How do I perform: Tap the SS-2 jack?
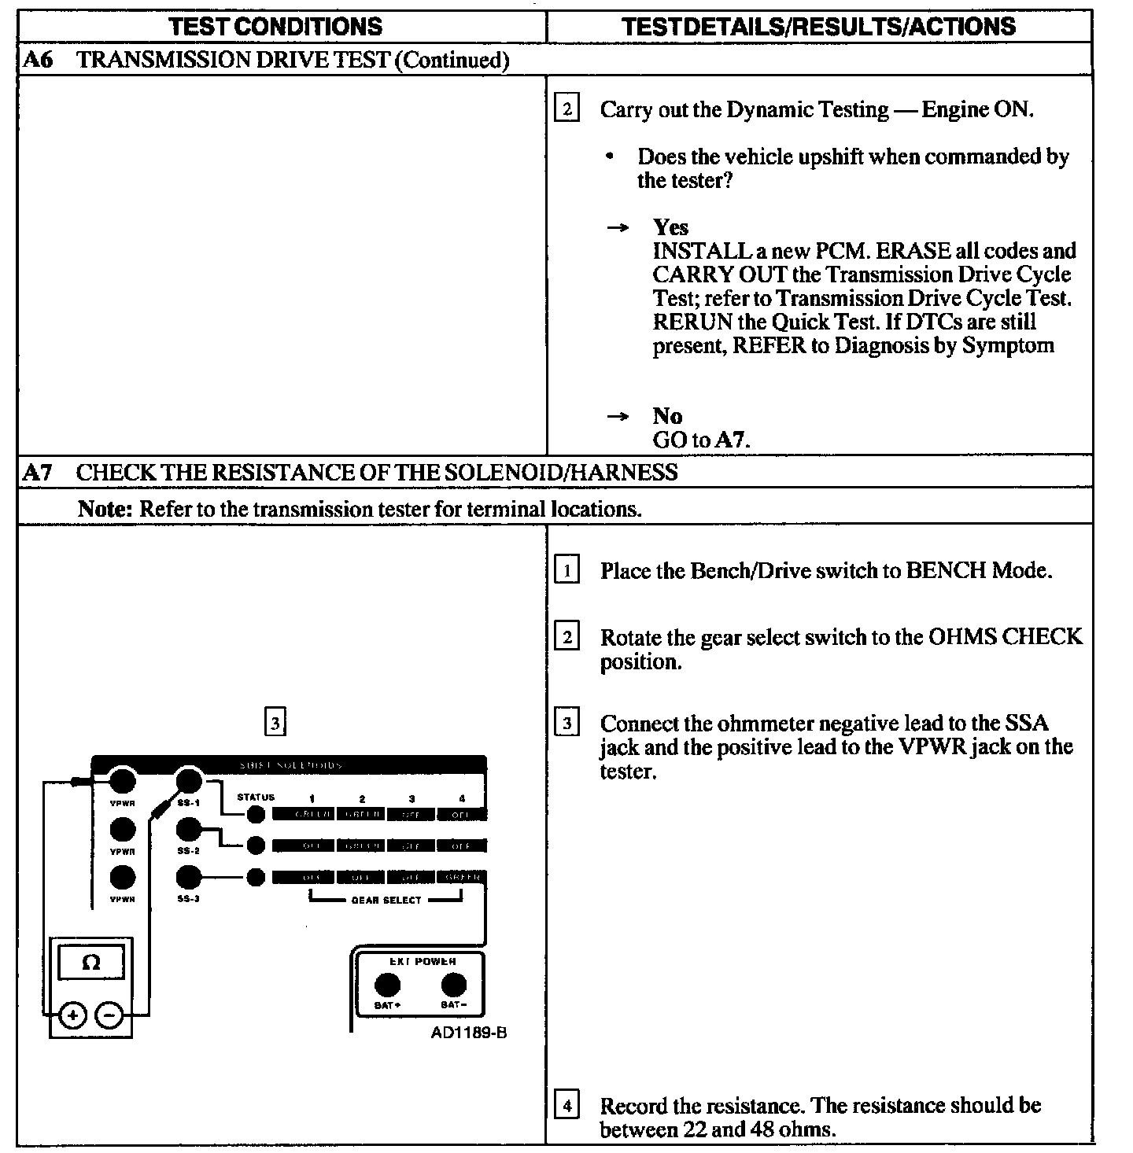click(188, 829)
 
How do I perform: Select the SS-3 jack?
click(188, 876)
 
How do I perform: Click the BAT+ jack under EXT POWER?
click(386, 985)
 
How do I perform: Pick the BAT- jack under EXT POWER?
click(453, 985)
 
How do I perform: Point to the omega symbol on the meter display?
click(91, 963)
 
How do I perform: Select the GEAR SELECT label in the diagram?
click(386, 900)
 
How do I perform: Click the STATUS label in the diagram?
click(256, 798)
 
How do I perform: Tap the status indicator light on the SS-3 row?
click(256, 877)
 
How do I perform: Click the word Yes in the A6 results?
click(670, 227)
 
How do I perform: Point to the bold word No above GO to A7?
click(667, 416)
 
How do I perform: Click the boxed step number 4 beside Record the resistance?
click(566, 1105)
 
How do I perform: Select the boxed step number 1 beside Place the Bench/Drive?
click(566, 569)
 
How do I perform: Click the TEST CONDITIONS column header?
click(275, 27)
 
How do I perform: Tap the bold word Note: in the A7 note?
click(105, 509)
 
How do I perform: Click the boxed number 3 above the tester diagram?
click(275, 722)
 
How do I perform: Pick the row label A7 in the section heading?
click(38, 472)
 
